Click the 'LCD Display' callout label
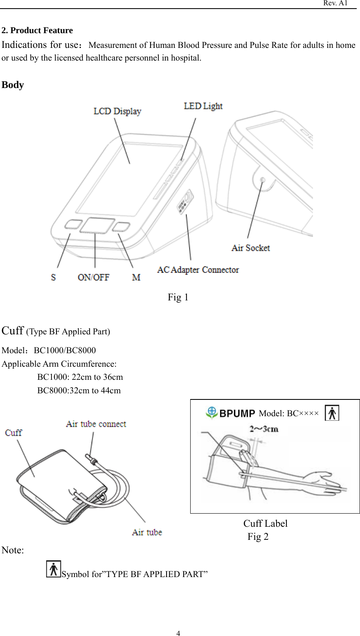point(117,111)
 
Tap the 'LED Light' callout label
point(203,106)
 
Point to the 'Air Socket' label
point(251,248)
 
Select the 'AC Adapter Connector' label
point(198,270)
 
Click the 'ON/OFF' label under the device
point(94,277)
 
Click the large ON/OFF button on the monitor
point(97,226)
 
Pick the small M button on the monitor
point(122,227)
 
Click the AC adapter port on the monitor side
point(184,202)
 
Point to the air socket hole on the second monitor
point(263,180)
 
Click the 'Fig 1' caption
point(178,297)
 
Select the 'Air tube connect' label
point(96,424)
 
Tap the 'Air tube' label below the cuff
point(147,532)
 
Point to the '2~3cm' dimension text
point(264,429)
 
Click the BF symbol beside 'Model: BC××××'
point(332,413)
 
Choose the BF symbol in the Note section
point(54,569)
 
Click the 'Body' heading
point(13,85)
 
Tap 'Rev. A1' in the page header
point(335,3)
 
